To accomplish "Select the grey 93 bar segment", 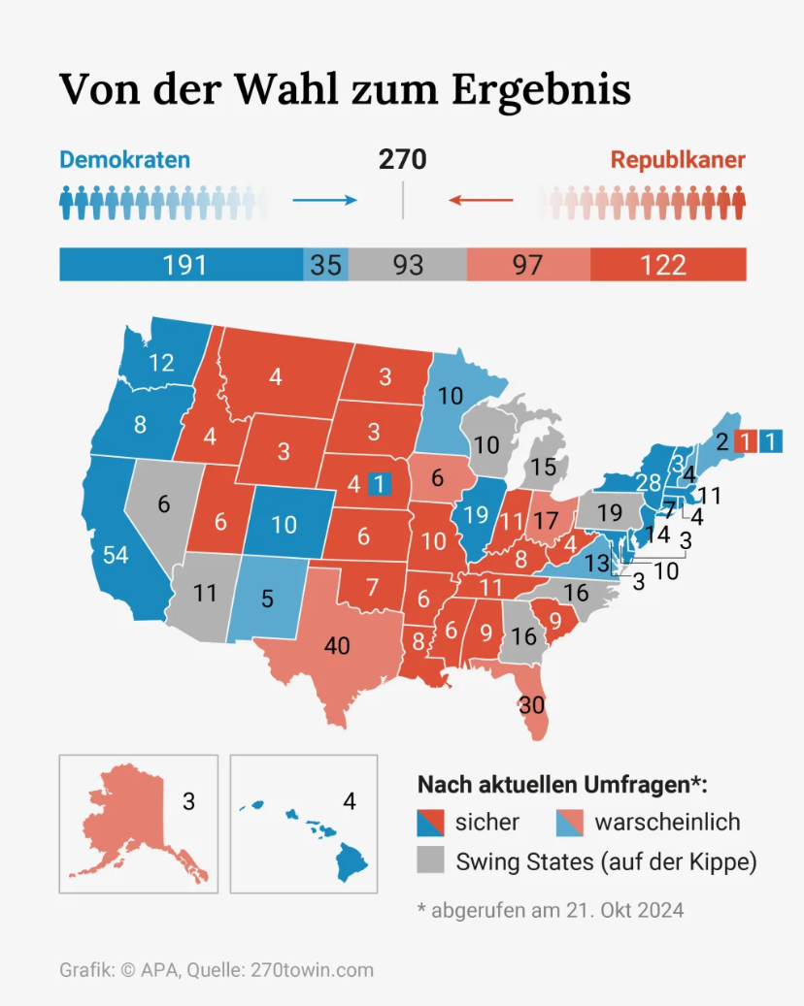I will click(x=408, y=265).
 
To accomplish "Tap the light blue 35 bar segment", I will click(x=326, y=265).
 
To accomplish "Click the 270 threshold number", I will click(x=402, y=160).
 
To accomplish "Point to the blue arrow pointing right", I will click(x=324, y=201).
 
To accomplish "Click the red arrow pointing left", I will click(x=481, y=201).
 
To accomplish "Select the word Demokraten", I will click(x=125, y=160).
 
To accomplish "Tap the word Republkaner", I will click(x=678, y=160).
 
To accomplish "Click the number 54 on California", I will click(x=116, y=555).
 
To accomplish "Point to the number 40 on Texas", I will click(x=336, y=645).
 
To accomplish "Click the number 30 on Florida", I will click(x=532, y=705).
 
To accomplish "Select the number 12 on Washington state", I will click(x=161, y=363).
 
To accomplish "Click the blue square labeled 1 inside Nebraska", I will click(x=380, y=482).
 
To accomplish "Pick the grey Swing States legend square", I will click(x=430, y=860).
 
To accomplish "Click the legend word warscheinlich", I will click(x=667, y=823).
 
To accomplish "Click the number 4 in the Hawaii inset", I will click(x=350, y=802).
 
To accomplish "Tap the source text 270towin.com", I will click(x=312, y=970).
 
